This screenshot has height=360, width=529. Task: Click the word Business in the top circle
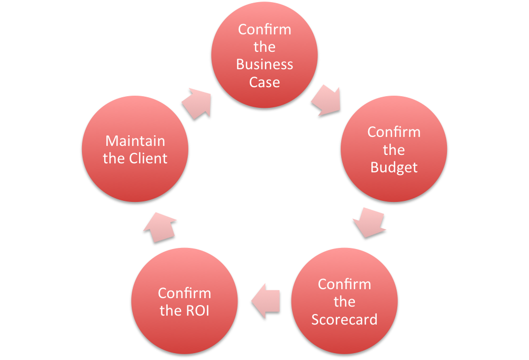(x=264, y=64)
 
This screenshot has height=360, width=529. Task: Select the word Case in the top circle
(x=264, y=82)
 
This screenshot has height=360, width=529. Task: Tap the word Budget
(x=394, y=168)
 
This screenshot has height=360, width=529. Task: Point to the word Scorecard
(x=344, y=320)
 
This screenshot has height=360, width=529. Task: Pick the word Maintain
(x=135, y=141)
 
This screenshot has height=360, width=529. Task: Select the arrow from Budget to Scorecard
(x=368, y=222)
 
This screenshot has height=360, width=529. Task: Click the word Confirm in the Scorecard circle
(x=344, y=284)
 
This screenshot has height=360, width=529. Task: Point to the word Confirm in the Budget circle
(x=394, y=132)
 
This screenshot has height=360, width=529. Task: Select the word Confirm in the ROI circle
(x=185, y=293)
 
